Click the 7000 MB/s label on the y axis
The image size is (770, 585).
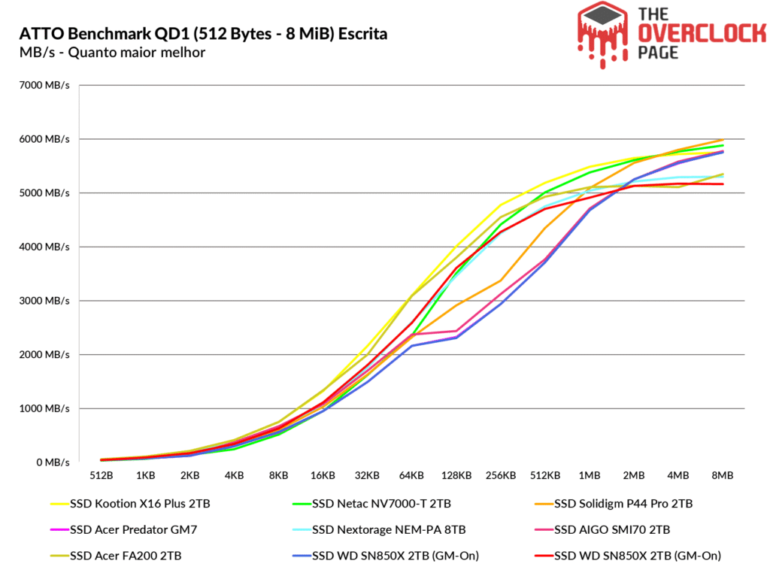(45, 86)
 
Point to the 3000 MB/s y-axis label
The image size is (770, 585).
(45, 301)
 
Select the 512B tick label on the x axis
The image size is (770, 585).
(101, 476)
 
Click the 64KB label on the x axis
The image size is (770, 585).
(412, 476)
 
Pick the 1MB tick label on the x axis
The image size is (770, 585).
(590, 476)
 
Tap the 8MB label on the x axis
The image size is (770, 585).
(723, 476)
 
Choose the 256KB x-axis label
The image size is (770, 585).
(501, 476)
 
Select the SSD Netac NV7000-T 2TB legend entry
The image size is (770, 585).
(382, 504)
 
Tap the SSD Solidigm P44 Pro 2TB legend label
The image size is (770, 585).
(623, 504)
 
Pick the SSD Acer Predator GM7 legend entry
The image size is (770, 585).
(124, 530)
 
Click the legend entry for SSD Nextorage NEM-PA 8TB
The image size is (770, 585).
(389, 530)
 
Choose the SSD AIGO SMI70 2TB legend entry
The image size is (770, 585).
(611, 530)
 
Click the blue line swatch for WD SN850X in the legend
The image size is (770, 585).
(299, 556)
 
